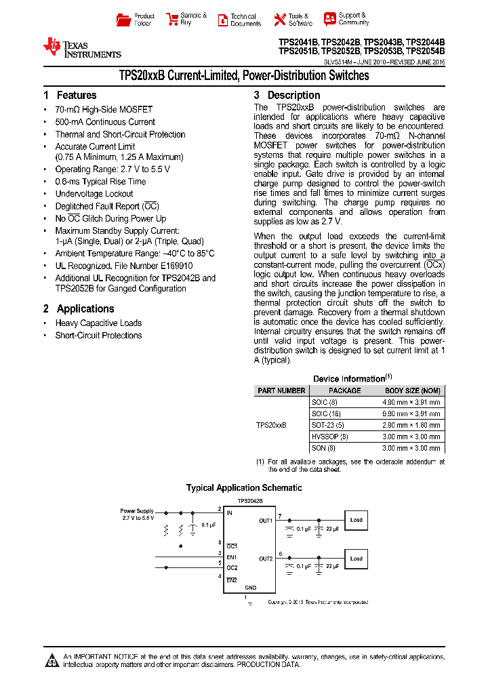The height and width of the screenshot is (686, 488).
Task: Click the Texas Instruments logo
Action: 81,47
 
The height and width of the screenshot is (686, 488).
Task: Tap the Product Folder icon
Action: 123,20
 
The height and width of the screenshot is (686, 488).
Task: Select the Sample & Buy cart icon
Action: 171,20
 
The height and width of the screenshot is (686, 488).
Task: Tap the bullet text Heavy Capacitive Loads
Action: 98,323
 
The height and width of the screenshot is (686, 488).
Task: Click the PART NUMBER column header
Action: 281,390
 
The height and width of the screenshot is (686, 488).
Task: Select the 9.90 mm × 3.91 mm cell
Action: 411,413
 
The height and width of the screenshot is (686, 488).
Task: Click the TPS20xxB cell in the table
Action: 271,425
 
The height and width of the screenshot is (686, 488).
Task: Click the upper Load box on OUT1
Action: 356,521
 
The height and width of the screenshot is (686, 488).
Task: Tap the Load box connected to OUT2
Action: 356,559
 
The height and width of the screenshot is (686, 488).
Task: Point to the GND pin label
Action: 250,588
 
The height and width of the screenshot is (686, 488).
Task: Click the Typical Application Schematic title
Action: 244,488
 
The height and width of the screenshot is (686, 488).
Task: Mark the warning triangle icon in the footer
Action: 52,660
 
